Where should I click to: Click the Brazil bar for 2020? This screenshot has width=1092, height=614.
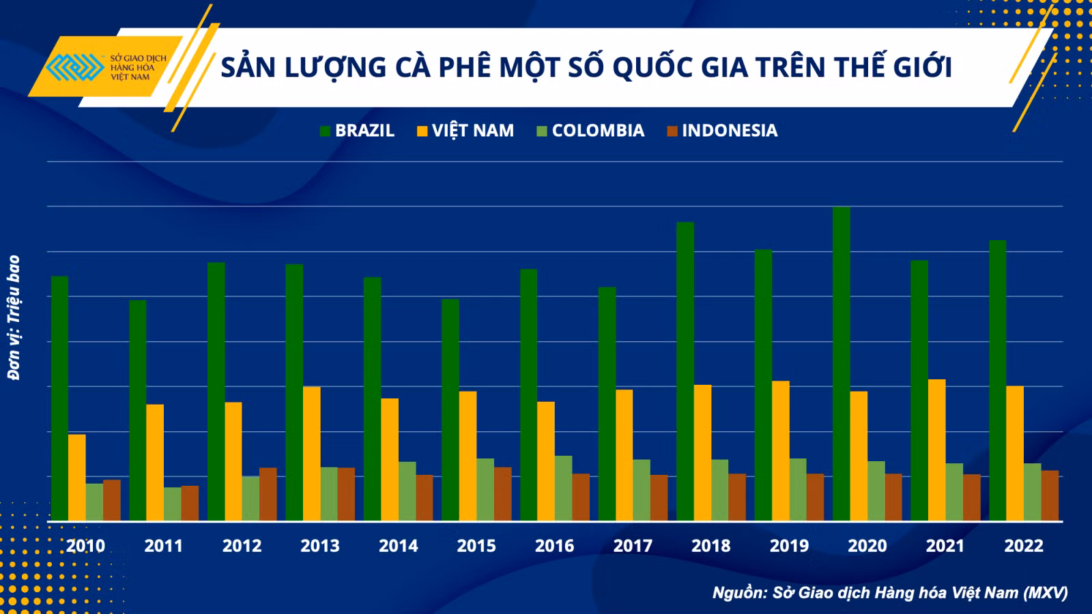click(842, 364)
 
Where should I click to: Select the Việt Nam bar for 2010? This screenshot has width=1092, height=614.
click(77, 478)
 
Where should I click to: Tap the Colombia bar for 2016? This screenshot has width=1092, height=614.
click(564, 488)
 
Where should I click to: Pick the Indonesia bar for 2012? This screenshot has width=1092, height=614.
click(268, 494)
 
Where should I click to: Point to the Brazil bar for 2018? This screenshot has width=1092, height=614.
click(685, 371)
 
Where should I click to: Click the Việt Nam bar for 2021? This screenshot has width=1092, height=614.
click(937, 450)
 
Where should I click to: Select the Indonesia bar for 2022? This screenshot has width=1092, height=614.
click(1050, 495)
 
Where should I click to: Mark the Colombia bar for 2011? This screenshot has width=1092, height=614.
click(173, 504)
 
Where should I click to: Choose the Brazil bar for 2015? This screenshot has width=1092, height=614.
click(450, 410)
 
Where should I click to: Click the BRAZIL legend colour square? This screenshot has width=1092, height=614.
click(325, 131)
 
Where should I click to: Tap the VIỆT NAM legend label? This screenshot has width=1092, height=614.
click(473, 130)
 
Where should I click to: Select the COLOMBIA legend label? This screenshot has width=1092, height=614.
click(598, 130)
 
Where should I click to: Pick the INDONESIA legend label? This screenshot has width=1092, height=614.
click(730, 130)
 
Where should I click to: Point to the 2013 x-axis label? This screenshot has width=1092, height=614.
click(320, 546)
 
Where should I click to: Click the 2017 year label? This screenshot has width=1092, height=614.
click(633, 546)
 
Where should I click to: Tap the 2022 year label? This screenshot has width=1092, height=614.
click(1024, 546)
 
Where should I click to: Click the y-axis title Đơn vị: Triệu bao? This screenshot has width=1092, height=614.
click(14, 318)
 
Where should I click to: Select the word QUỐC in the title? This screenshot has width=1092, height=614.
click(652, 68)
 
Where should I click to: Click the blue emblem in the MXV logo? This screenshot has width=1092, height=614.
click(75, 67)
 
